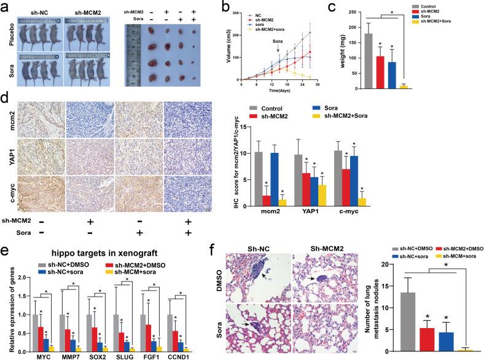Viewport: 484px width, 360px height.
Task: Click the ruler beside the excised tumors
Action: point(133,52)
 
